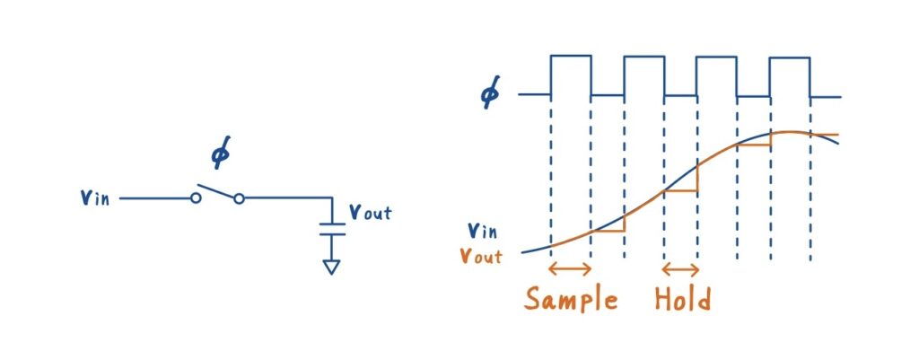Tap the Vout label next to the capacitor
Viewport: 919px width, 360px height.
[x=369, y=214]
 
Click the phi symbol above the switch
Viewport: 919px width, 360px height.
[x=220, y=154]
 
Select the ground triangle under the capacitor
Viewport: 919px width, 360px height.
[x=332, y=267]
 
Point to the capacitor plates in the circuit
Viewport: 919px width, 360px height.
[x=332, y=229]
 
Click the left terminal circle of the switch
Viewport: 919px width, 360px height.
[x=195, y=198]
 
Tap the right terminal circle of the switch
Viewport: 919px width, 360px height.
[x=239, y=198]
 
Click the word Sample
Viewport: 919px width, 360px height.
[x=572, y=299]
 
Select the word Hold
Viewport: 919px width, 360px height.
[x=682, y=298]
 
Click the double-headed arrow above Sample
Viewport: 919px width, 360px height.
[x=570, y=268]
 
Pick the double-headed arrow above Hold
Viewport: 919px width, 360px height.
[x=680, y=268]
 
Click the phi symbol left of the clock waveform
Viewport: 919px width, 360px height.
[x=490, y=93]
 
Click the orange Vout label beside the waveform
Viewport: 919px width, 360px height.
[x=479, y=255]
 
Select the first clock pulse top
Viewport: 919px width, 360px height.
[x=571, y=56]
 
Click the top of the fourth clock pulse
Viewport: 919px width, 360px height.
[x=789, y=58]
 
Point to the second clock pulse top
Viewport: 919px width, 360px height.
[x=643, y=57]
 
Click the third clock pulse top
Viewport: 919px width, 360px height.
[x=716, y=57]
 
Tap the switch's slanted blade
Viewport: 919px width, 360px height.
[x=216, y=191]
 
